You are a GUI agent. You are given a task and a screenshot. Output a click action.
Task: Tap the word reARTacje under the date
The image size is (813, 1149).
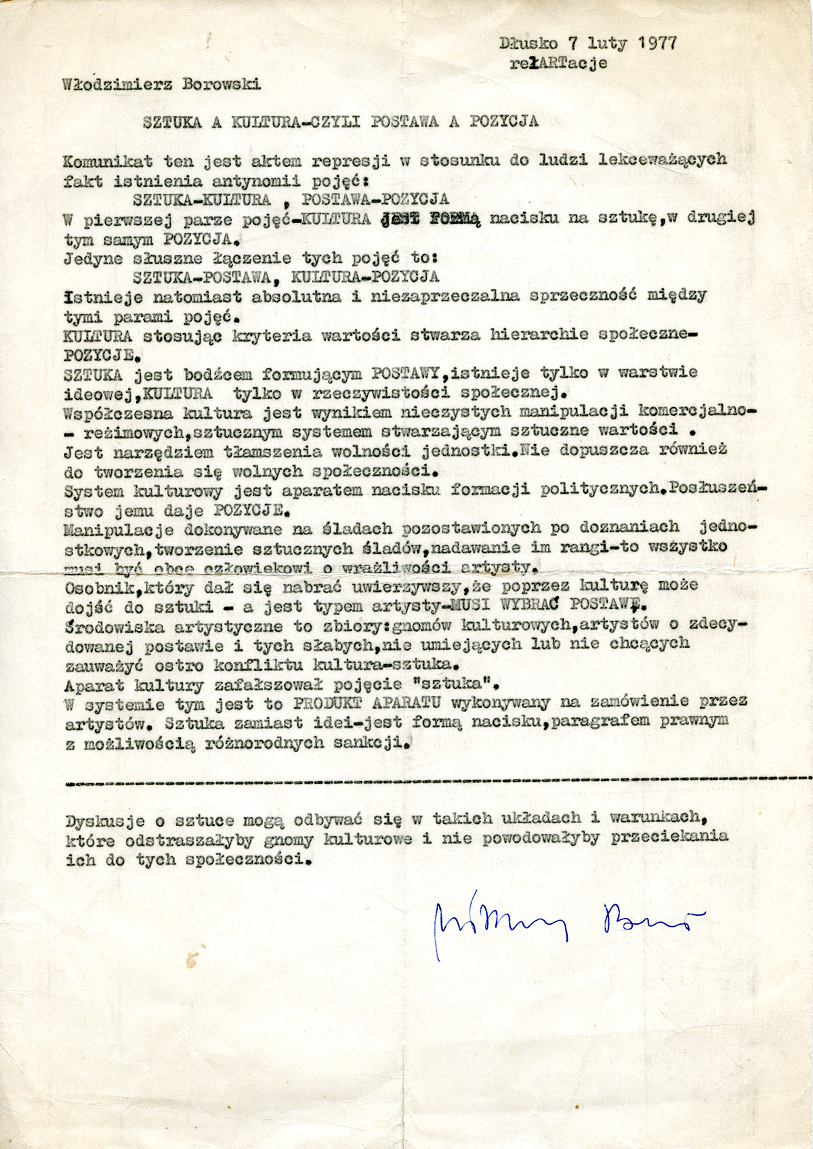[x=558, y=63]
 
